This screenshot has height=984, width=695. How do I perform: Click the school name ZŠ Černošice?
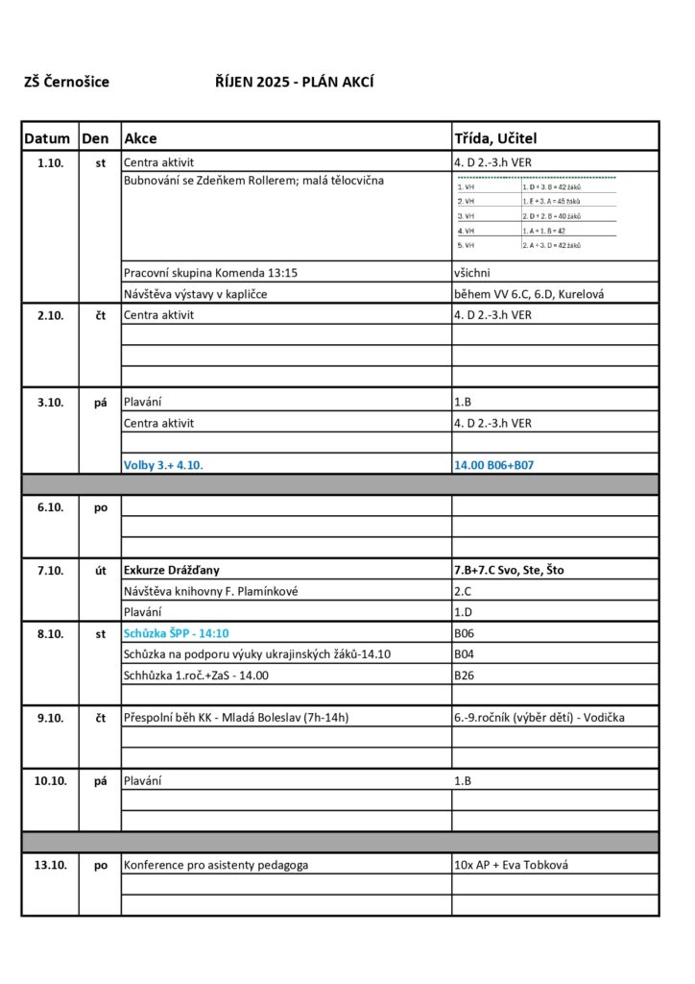point(66,83)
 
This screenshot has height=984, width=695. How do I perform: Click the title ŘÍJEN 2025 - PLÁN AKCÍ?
point(294,83)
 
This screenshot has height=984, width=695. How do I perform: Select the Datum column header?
point(48,138)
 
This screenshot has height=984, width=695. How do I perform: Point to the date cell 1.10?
point(50,162)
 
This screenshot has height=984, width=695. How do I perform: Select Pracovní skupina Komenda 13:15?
point(211,273)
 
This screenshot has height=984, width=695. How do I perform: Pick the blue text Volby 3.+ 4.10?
point(163,465)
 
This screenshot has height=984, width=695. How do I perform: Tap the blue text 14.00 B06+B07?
point(493,465)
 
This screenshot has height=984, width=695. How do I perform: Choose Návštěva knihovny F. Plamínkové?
point(211,591)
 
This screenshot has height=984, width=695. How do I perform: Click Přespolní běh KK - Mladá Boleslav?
point(236,717)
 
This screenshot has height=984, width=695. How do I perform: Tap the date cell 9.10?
point(50,717)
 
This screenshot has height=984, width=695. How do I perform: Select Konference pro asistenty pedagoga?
point(216,865)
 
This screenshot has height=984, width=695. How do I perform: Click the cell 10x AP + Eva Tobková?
point(512,865)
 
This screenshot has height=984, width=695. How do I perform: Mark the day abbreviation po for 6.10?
point(101,507)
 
